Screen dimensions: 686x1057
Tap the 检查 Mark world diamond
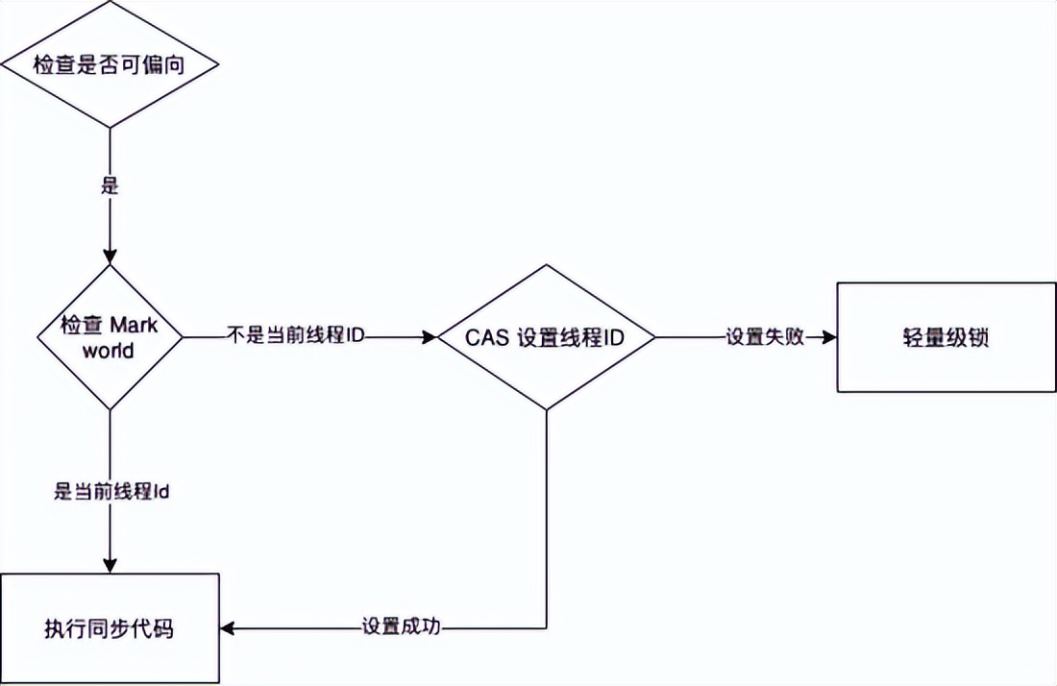click(x=110, y=336)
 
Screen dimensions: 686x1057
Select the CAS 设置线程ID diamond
click(x=547, y=337)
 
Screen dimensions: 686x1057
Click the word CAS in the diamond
click(x=489, y=337)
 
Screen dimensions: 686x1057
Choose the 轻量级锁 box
click(x=946, y=337)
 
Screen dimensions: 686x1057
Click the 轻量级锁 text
click(x=946, y=337)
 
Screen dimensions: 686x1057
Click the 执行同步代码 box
click(x=110, y=629)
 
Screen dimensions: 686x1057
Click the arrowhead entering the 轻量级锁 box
click(x=828, y=337)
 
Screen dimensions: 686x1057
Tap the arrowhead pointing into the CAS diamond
click(x=429, y=337)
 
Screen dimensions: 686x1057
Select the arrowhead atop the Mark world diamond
click(x=110, y=257)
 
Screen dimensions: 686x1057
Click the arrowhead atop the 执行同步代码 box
click(x=110, y=565)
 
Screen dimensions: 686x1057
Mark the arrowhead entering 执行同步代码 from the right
click(x=229, y=629)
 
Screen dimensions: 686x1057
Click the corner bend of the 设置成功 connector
click(x=547, y=629)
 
